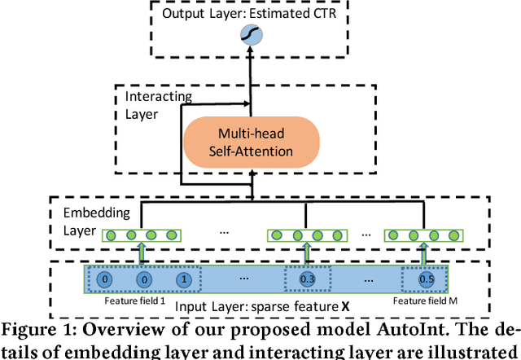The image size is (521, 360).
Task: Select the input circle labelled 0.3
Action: click(308, 279)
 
